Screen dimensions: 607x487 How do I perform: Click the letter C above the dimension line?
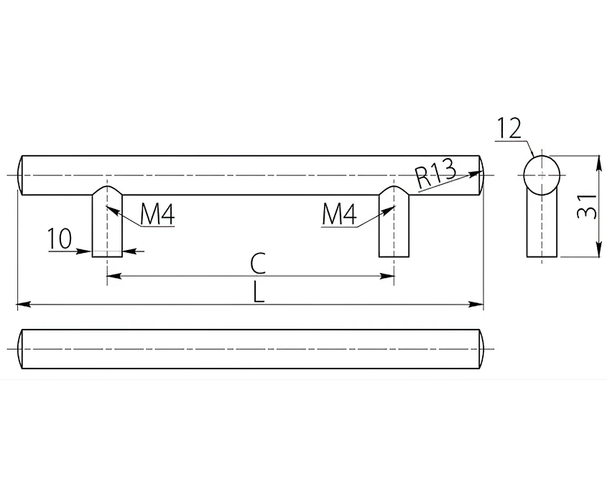click(258, 263)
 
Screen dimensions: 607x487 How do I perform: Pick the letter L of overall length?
click(258, 292)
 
